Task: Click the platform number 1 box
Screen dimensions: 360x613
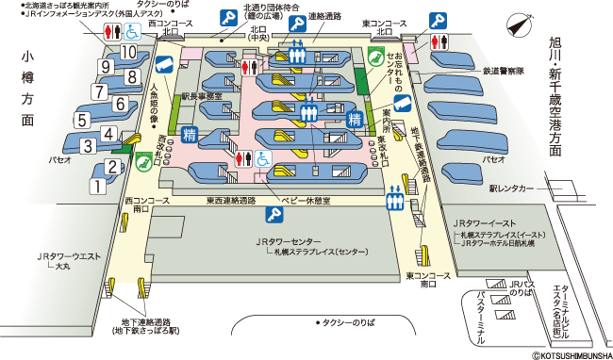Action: [96, 187]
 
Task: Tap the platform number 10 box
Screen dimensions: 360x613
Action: [129, 53]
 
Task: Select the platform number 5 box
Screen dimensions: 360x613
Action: [82, 121]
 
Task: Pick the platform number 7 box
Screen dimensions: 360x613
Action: [99, 92]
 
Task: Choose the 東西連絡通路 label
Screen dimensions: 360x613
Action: [231, 200]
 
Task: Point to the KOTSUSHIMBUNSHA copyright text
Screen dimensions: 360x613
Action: [569, 355]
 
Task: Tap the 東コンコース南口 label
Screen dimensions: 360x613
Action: [421, 280]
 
